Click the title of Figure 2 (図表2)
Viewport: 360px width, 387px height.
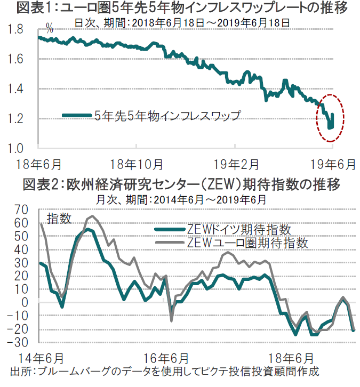[x=181, y=185]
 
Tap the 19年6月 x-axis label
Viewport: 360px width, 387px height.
[x=332, y=163]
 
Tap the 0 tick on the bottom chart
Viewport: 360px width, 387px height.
[x=24, y=302]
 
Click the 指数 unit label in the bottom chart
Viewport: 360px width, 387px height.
[x=59, y=218]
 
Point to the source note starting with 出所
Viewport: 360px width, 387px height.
[x=160, y=370]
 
